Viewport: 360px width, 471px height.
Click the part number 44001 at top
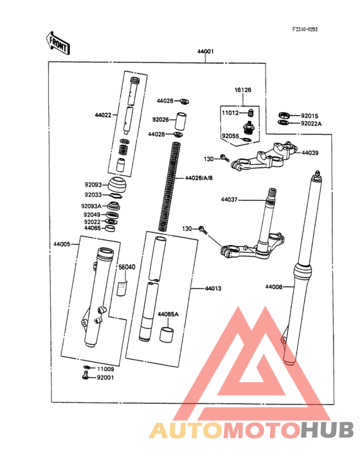tap(205, 51)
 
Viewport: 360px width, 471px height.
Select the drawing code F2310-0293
tap(305, 30)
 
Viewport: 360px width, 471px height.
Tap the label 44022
tap(103, 115)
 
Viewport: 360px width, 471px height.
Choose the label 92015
tap(310, 115)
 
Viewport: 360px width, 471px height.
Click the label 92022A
tap(312, 123)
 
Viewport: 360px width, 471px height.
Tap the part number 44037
tap(230, 199)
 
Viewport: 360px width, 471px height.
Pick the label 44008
tap(274, 286)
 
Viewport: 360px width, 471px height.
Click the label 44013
tap(213, 288)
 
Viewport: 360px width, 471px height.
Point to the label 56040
tap(127, 266)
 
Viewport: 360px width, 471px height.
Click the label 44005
tap(62, 245)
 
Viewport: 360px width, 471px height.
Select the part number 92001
tap(105, 378)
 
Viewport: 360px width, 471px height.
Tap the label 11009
tap(105, 369)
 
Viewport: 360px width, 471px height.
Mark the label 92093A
tap(91, 206)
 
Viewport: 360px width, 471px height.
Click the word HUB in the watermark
tap(327, 430)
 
